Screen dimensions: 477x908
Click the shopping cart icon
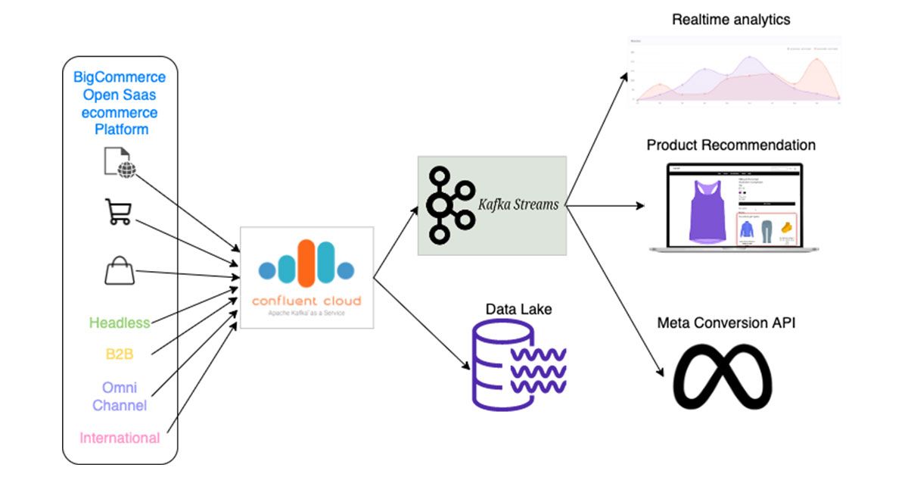[118, 212]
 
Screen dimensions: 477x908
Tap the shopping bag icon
[120, 270]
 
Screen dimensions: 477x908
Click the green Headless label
[120, 323]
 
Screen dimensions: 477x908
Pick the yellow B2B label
[120, 353]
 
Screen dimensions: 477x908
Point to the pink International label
[120, 438]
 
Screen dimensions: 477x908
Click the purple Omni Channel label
[120, 396]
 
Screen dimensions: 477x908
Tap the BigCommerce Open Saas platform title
[120, 103]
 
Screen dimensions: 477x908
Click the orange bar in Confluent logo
[306, 263]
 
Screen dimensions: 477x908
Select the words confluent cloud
[306, 301]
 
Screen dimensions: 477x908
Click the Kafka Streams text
[518, 204]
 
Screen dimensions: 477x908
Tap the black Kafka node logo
[449, 205]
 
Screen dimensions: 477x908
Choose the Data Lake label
[518, 309]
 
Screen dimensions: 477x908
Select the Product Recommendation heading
[731, 145]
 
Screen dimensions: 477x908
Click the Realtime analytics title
[731, 20]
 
